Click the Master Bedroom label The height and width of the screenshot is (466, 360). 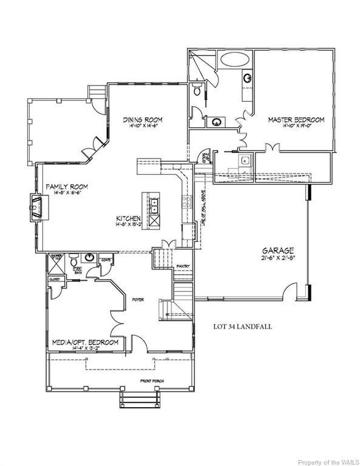click(x=296, y=120)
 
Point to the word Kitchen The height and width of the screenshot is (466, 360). click(x=130, y=218)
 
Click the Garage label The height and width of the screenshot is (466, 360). click(x=278, y=250)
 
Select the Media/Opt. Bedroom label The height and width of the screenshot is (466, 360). click(x=84, y=342)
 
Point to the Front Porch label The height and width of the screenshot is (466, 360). click(x=150, y=381)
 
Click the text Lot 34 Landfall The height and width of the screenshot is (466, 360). click(x=242, y=326)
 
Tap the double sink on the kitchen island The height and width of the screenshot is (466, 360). click(x=154, y=206)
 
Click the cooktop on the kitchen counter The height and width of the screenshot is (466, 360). click(x=188, y=203)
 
